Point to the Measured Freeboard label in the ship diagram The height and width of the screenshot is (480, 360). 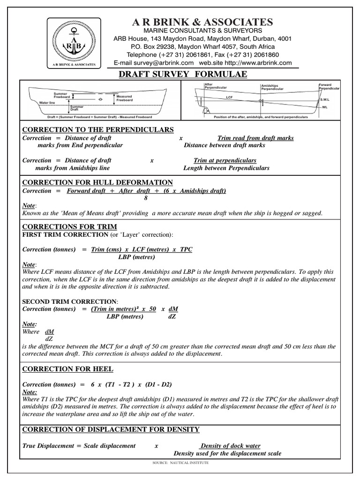(x=124, y=98)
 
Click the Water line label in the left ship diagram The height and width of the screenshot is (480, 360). (x=47, y=102)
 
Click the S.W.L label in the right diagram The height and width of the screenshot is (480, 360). (x=324, y=99)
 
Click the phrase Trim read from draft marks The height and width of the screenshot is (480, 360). (x=256, y=138)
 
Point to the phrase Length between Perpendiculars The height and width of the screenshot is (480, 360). (x=226, y=168)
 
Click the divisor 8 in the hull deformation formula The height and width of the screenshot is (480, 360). (x=146, y=198)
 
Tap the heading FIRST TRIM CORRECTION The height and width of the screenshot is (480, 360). (x=65, y=234)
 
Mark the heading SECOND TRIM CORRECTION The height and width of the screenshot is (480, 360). (x=70, y=301)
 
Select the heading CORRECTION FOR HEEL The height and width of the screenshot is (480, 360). (x=68, y=369)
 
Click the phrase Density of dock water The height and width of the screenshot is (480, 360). (x=230, y=445)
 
